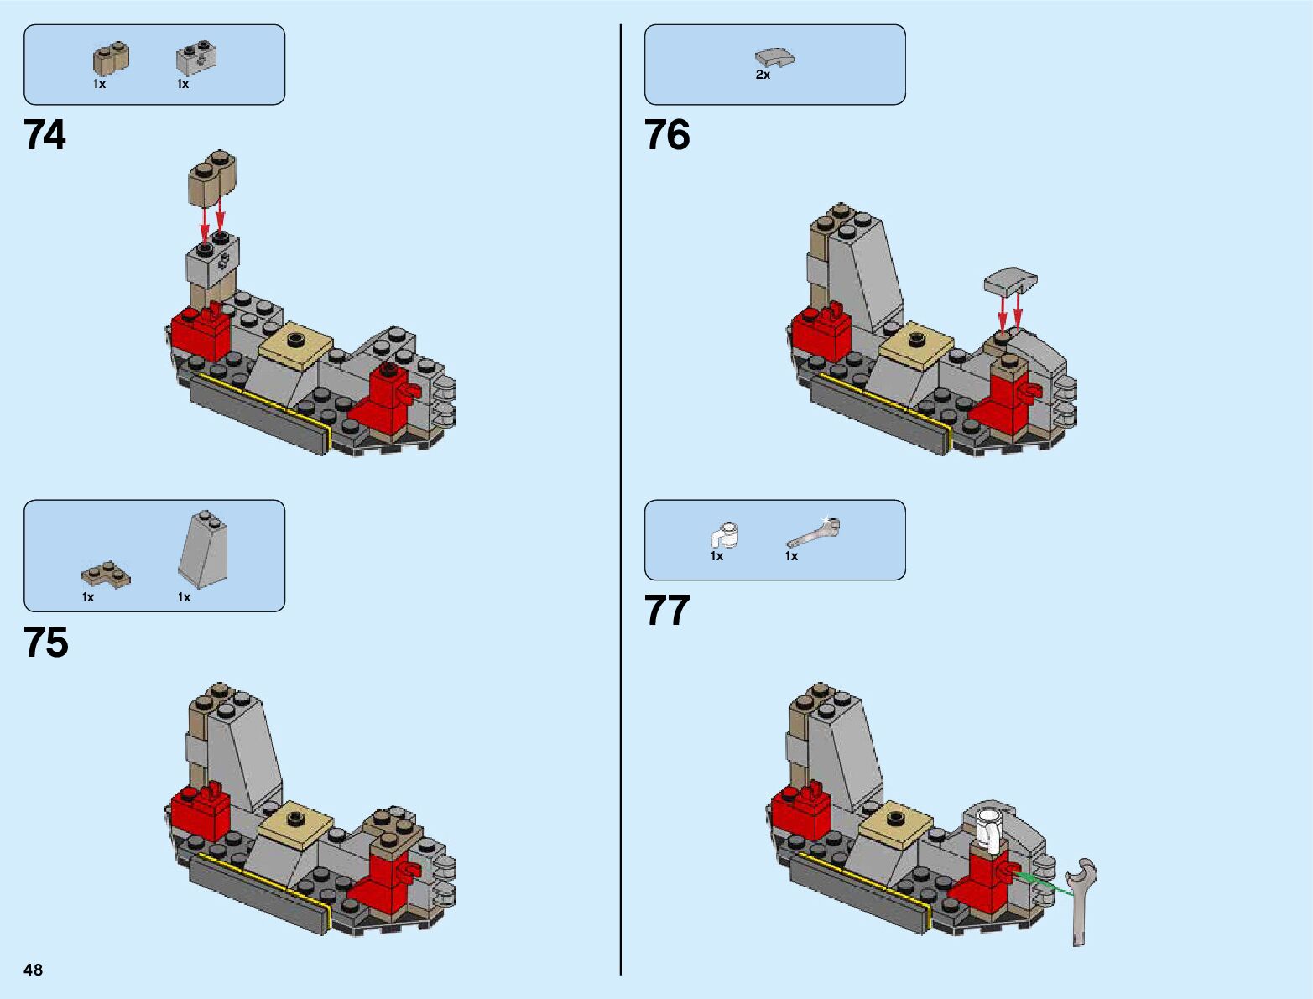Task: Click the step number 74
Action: click(44, 135)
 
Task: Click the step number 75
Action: click(46, 643)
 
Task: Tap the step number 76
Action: click(667, 135)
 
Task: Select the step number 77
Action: click(667, 611)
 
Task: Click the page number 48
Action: click(34, 970)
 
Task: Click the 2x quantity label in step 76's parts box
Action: click(763, 75)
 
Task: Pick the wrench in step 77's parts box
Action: click(812, 532)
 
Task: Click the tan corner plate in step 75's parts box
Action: click(106, 574)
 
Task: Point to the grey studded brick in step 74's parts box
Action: click(196, 58)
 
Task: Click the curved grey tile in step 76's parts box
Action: click(774, 57)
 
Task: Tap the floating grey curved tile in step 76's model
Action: click(1010, 281)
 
